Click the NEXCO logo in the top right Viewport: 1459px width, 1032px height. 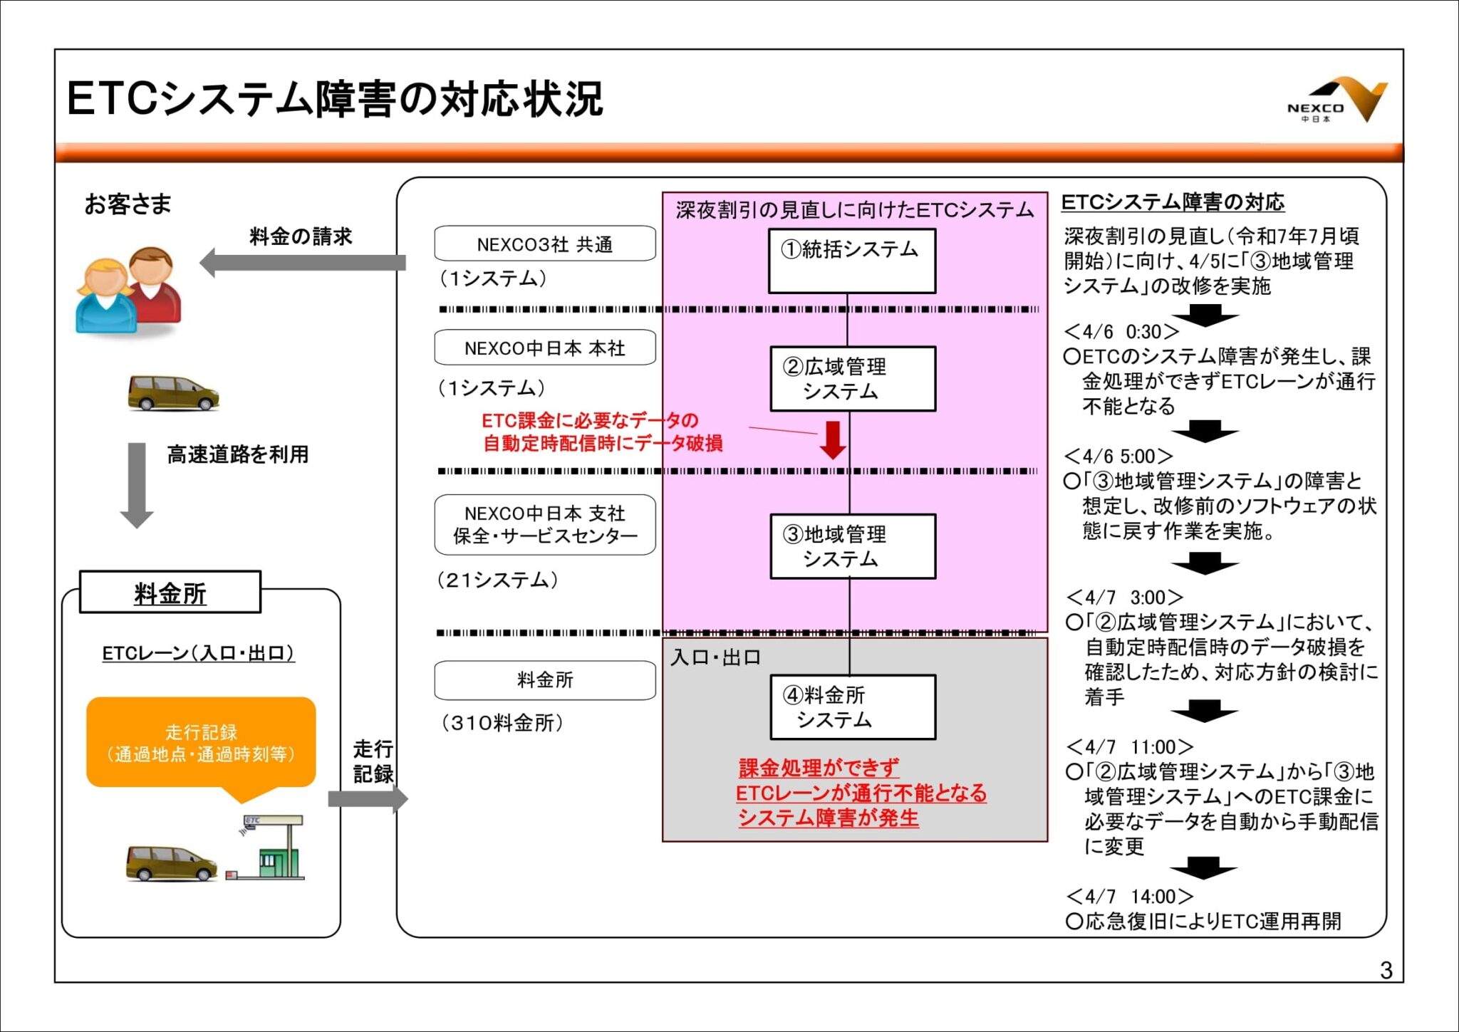[1336, 100]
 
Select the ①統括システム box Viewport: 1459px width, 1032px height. [851, 261]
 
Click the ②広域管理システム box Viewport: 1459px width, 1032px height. [852, 379]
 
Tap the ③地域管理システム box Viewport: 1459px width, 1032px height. [852, 546]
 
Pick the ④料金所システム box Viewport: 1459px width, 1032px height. [852, 707]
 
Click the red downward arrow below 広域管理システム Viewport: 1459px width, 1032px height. [832, 439]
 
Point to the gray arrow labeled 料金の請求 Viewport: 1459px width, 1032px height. [302, 263]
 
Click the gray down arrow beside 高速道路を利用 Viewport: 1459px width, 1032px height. [136, 484]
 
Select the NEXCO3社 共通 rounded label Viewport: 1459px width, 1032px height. [544, 244]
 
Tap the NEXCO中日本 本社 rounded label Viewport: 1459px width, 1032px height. [544, 348]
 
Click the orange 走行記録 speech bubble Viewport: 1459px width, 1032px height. [201, 744]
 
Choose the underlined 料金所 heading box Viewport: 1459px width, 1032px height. [170, 593]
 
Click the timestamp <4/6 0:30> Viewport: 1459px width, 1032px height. [1121, 332]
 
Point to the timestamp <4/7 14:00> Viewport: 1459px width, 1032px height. [1130, 897]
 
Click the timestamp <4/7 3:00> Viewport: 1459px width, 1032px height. [1125, 598]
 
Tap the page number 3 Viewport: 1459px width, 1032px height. [1386, 970]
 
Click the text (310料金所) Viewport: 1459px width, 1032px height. [502, 723]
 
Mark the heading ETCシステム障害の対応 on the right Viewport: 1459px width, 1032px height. [1173, 202]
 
